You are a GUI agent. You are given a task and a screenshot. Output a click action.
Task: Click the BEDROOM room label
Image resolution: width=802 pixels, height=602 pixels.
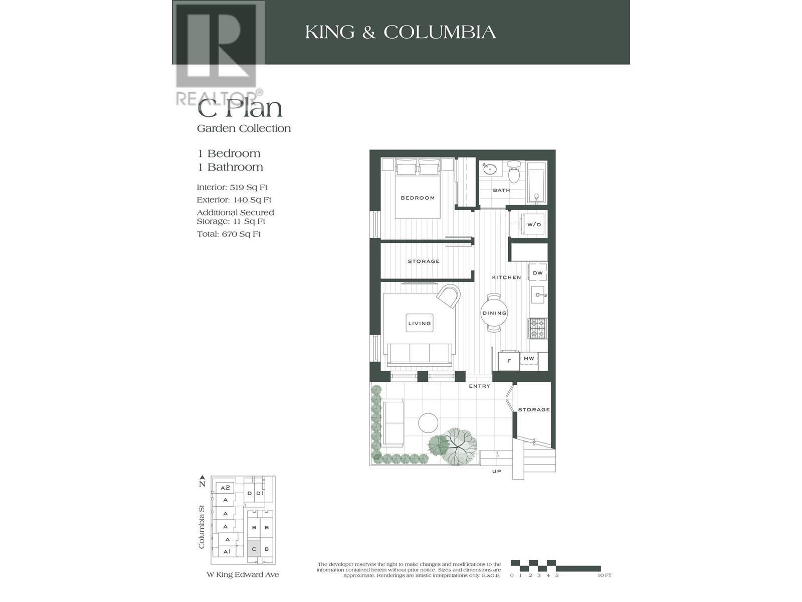tap(418, 198)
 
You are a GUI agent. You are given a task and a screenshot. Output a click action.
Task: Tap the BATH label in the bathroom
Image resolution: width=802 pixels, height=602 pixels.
tap(501, 190)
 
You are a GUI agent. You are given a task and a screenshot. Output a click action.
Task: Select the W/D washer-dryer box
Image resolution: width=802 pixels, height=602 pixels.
tap(534, 224)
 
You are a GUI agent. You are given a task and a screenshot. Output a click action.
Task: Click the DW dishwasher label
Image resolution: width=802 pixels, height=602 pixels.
tap(538, 273)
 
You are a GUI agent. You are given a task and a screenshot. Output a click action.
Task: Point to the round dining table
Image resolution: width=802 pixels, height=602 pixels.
tap(494, 313)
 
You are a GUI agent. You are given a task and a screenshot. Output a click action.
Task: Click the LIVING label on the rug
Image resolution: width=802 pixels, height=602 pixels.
tap(420, 323)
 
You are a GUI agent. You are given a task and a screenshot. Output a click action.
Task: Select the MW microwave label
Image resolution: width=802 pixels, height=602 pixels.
tap(529, 359)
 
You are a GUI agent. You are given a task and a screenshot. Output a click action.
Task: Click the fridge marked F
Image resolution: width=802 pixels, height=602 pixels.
tap(509, 361)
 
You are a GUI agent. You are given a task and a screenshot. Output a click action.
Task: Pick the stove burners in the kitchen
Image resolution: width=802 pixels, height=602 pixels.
tap(537, 328)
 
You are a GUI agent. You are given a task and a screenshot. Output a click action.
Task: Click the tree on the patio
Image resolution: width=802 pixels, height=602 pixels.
tap(456, 446)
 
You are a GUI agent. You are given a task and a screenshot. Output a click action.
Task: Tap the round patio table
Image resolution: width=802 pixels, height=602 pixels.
tap(429, 422)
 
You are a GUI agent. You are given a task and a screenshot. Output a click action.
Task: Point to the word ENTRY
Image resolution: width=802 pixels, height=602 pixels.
tap(479, 386)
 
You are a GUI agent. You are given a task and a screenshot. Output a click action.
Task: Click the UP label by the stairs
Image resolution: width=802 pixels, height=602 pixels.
tap(496, 472)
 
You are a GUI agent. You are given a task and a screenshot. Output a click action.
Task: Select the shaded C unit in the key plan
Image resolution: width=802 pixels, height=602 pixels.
tap(254, 549)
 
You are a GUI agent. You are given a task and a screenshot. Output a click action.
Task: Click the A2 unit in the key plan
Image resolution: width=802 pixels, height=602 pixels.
tap(225, 488)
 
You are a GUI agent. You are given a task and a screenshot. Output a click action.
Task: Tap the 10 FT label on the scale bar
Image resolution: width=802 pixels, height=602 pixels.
tap(605, 575)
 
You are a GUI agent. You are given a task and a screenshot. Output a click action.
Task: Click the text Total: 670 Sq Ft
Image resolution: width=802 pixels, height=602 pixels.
tap(229, 234)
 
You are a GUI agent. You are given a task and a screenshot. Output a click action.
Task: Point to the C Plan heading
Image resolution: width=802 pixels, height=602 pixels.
tap(240, 108)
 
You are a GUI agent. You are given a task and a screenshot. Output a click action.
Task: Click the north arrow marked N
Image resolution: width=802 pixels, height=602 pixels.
tap(202, 481)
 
